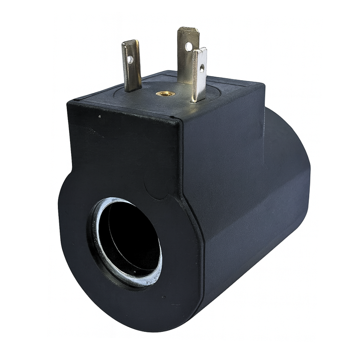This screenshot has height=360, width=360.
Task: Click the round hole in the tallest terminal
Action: [188, 46]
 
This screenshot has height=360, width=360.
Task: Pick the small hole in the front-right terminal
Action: [202, 67]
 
